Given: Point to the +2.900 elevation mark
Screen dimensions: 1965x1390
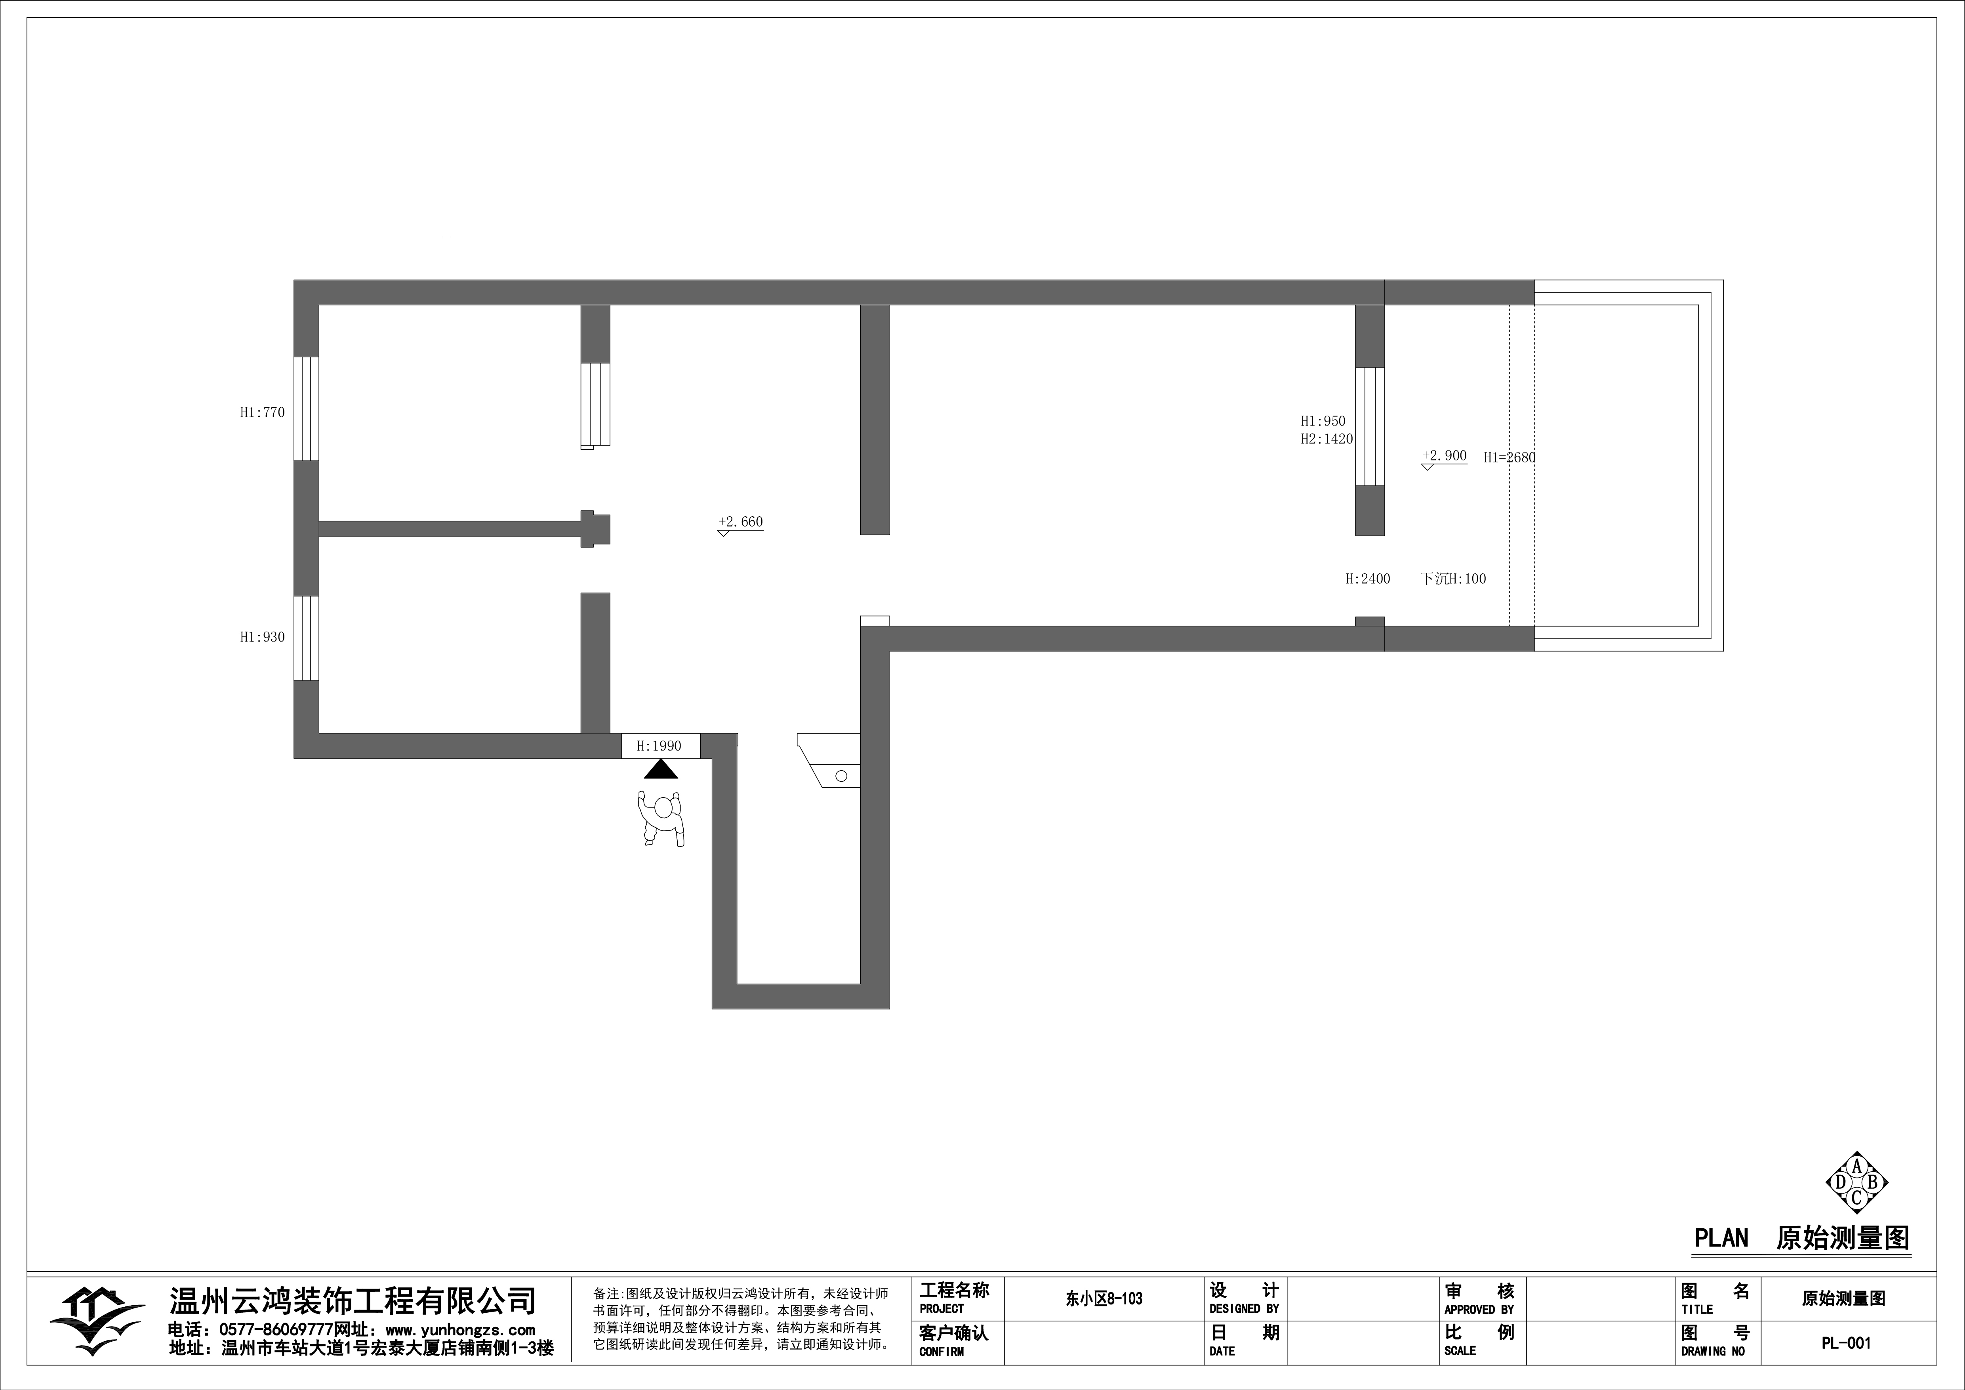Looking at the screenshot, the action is pos(1445,458).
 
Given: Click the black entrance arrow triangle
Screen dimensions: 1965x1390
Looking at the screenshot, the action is pos(661,769).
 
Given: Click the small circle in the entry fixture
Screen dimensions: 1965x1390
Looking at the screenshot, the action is pos(841,776).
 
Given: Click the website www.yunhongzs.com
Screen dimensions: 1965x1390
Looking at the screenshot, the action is pos(460,1330).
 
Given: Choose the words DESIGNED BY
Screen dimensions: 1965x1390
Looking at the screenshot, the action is pos(1245,1309).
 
